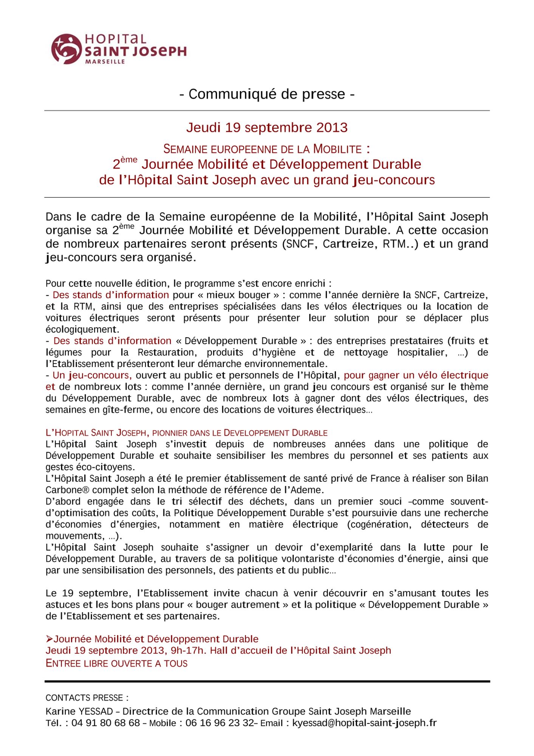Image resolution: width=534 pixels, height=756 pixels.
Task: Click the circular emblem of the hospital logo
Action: pos(67,49)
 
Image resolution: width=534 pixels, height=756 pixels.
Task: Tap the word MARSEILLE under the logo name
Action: pos(105,62)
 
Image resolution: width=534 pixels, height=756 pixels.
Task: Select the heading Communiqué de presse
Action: pos(267,94)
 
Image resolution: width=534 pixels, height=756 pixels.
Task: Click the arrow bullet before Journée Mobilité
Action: pos(49,639)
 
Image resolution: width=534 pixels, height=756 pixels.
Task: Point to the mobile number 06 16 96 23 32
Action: pos(220,723)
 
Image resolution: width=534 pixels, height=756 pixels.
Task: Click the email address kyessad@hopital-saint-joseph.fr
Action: pos(364,723)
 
